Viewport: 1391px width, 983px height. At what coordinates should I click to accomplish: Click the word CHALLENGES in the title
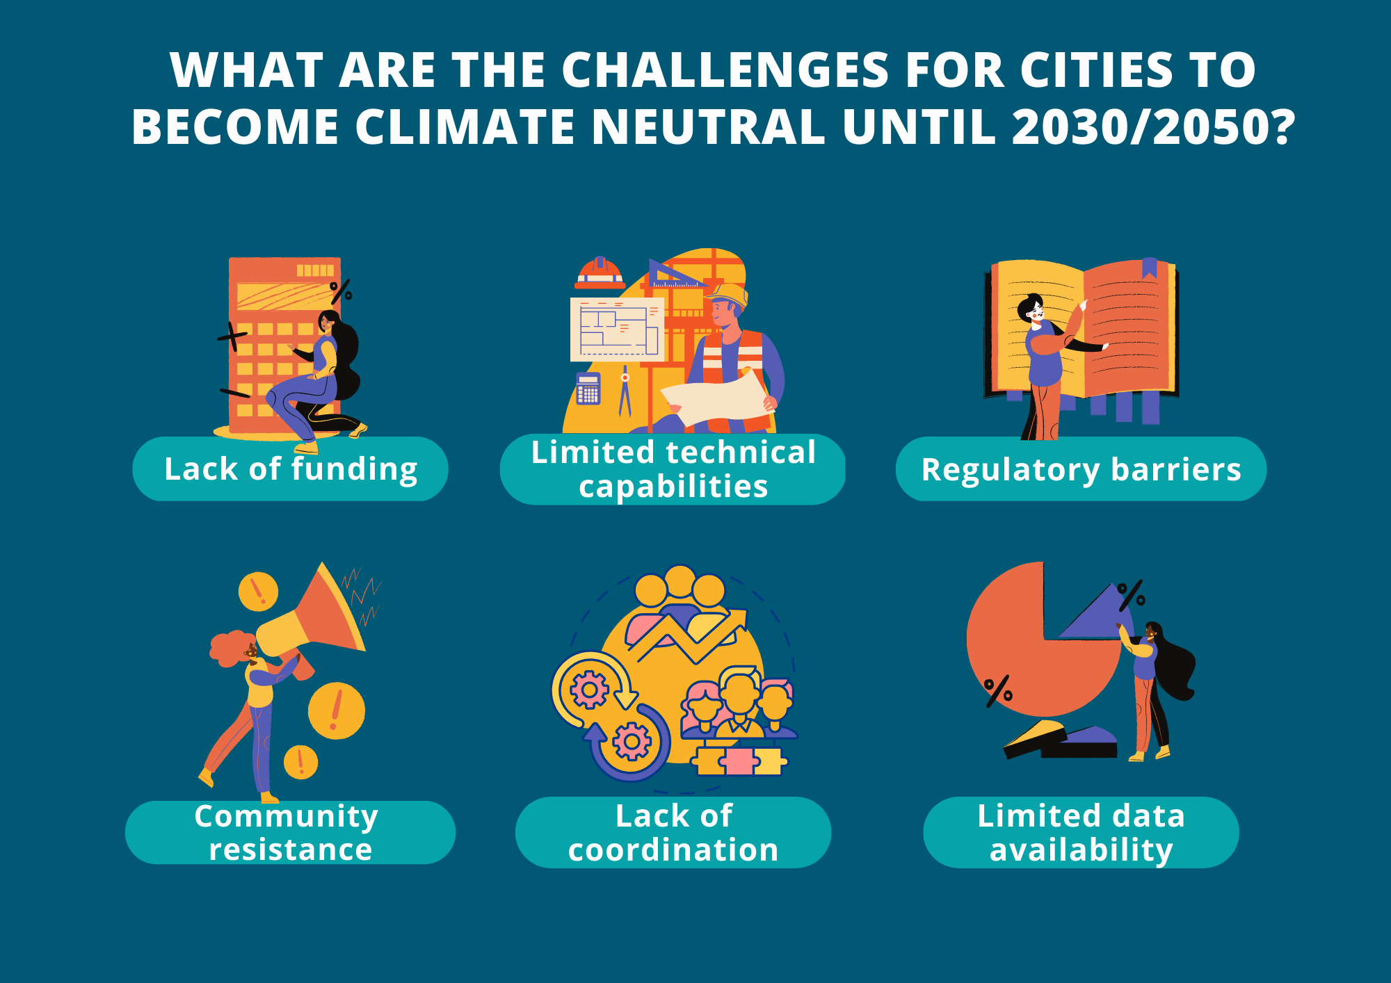coord(725,70)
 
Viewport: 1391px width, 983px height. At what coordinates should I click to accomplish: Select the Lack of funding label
coord(291,469)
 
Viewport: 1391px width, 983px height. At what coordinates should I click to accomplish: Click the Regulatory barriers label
coord(1081,469)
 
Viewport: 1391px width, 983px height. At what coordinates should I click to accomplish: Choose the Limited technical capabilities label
coord(673,469)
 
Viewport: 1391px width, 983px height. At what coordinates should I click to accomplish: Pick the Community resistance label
coord(290,832)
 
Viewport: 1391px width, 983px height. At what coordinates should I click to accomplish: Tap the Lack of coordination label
coord(673,832)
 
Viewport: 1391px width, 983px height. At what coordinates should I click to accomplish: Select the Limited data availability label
coord(1081,832)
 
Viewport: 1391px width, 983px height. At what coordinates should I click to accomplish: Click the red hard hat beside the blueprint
coord(600,273)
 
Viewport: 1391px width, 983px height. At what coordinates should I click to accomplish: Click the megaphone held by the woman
coord(313,619)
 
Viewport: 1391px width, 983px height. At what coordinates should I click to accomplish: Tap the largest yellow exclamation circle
coord(337,710)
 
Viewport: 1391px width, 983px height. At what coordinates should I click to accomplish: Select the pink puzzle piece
coord(739,761)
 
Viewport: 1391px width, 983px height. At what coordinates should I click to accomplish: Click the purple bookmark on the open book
coord(1149,268)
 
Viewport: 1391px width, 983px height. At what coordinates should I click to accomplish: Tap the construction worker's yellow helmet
coord(727,295)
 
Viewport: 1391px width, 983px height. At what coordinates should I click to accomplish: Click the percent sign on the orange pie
coord(997,691)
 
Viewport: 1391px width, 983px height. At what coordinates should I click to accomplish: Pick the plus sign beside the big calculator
coord(232,337)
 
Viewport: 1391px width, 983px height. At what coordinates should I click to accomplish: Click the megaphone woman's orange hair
coord(231,647)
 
